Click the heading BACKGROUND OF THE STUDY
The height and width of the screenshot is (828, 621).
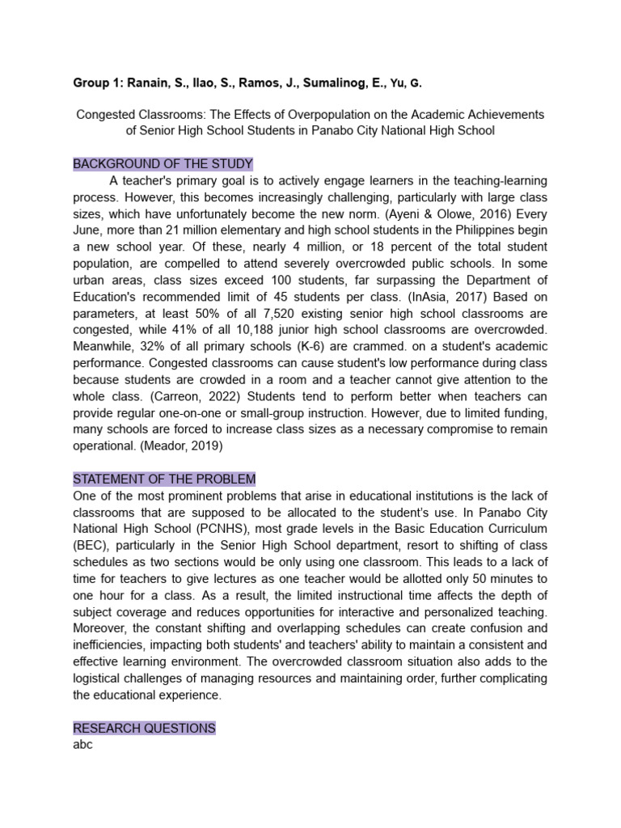click(x=163, y=164)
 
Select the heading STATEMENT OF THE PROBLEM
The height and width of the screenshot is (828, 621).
click(x=164, y=479)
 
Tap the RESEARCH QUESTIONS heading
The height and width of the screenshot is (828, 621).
click(x=145, y=729)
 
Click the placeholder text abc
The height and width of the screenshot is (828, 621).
click(x=83, y=745)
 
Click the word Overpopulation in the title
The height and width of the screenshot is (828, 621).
click(x=323, y=115)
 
